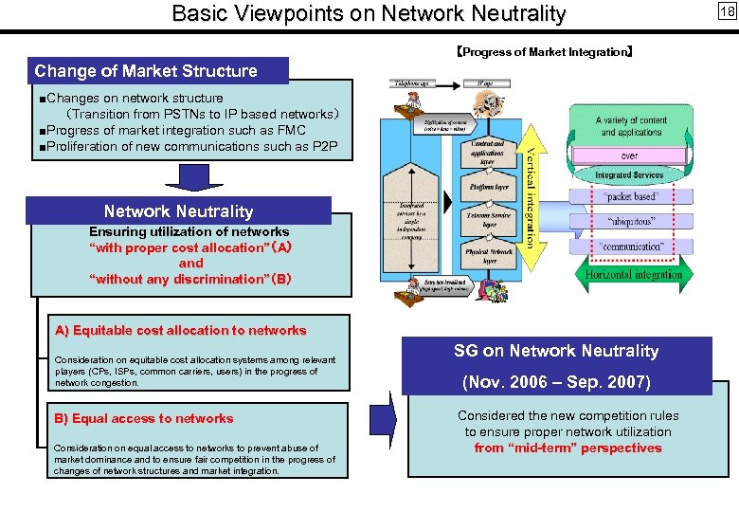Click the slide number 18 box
pos(727,11)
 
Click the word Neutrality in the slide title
pos(513,13)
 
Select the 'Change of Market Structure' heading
pos(146,71)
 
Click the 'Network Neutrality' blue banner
pos(178,211)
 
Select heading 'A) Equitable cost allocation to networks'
pos(180,331)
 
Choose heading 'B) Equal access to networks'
pos(144,418)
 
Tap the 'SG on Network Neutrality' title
pos(556,351)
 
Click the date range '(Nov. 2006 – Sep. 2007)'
pos(556,382)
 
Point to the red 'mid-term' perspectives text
pos(568,448)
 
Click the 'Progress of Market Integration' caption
pos(545,52)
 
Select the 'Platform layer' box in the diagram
pos(488,188)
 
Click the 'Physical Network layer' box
pos(488,256)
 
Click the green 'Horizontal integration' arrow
pos(633,274)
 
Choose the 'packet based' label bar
pos(630,197)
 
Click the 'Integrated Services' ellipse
pos(630,175)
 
